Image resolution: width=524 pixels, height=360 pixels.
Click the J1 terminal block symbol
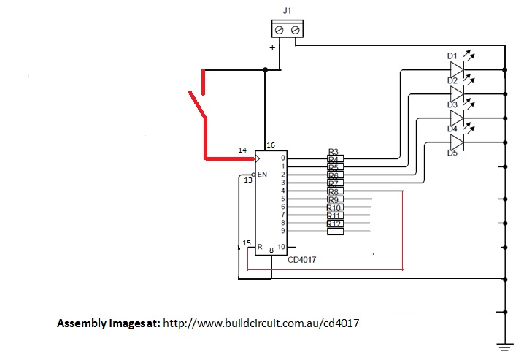tap(286, 29)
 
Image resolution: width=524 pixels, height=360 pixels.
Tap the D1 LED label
tap(452, 55)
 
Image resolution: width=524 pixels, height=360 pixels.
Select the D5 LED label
tap(452, 153)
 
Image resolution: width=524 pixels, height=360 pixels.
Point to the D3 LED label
tap(452, 104)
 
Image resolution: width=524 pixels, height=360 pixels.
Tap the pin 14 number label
tap(242, 150)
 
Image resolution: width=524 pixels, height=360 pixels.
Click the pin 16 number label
tap(270, 145)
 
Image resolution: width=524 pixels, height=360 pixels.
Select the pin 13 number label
tap(247, 180)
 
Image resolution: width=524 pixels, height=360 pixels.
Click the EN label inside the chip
tap(263, 175)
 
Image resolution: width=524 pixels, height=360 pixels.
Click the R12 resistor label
tap(334, 224)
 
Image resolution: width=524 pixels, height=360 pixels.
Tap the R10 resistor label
tap(334, 208)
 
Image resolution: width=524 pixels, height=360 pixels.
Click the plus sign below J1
tap(273, 47)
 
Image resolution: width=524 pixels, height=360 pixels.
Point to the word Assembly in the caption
tap(82, 322)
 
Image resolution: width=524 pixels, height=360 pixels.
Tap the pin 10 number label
tap(281, 246)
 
